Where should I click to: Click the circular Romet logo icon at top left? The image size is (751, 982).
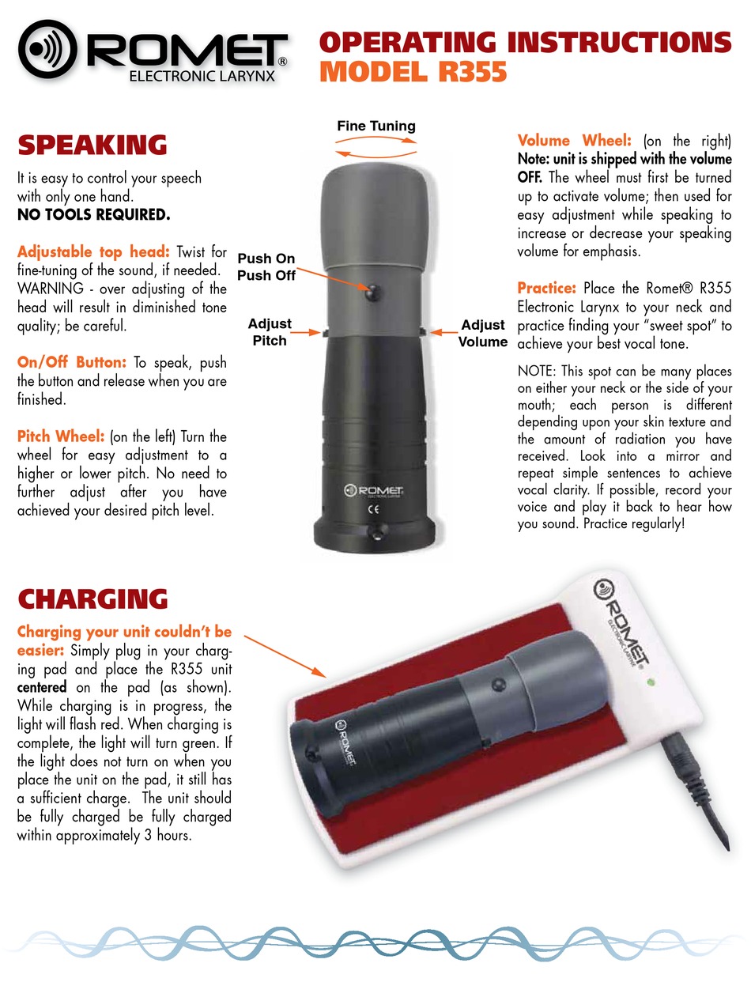click(x=47, y=49)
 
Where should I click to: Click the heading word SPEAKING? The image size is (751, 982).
click(x=92, y=145)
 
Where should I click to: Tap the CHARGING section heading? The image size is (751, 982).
click(x=92, y=599)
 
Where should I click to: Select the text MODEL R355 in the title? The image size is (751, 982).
click(x=413, y=72)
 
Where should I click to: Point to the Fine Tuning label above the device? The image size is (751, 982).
click(x=376, y=126)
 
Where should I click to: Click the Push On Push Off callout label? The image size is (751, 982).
click(x=266, y=266)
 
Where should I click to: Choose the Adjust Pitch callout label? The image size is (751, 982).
click(x=270, y=332)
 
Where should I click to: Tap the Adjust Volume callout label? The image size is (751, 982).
click(x=483, y=333)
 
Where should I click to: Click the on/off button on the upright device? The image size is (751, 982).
click(x=372, y=292)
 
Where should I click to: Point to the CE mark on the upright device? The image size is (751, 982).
click(x=374, y=509)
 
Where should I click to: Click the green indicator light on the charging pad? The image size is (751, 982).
click(x=651, y=682)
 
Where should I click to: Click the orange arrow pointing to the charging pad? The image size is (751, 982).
click(x=285, y=656)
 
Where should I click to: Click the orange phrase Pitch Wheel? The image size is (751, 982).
click(x=61, y=436)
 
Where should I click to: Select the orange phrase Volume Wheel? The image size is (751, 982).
click(x=575, y=141)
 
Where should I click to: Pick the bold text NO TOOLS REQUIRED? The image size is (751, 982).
click(x=94, y=215)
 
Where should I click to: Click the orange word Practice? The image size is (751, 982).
click(x=546, y=288)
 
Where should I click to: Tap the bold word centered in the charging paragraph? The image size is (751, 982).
click(x=42, y=687)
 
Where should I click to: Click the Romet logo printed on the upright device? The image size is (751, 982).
click(x=374, y=490)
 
